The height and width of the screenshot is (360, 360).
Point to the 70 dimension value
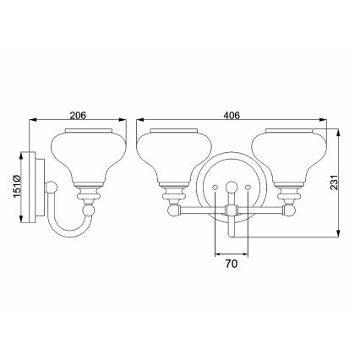pos(232,265)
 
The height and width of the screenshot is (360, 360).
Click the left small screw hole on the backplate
pos(216,186)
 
